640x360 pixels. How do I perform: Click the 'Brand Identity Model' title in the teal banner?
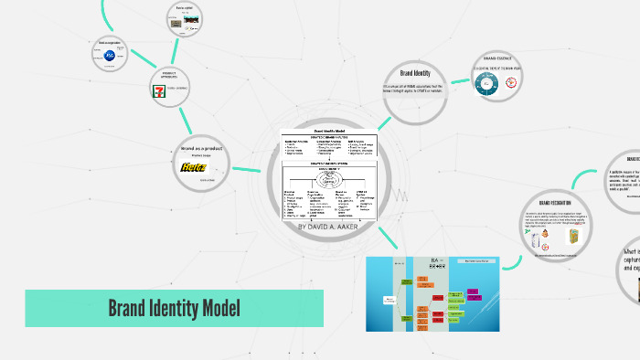174,308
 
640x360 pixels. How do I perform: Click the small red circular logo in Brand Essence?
511,82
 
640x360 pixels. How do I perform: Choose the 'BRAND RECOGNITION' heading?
555,201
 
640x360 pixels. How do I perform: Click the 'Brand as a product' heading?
191,148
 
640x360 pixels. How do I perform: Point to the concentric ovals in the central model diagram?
334,179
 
